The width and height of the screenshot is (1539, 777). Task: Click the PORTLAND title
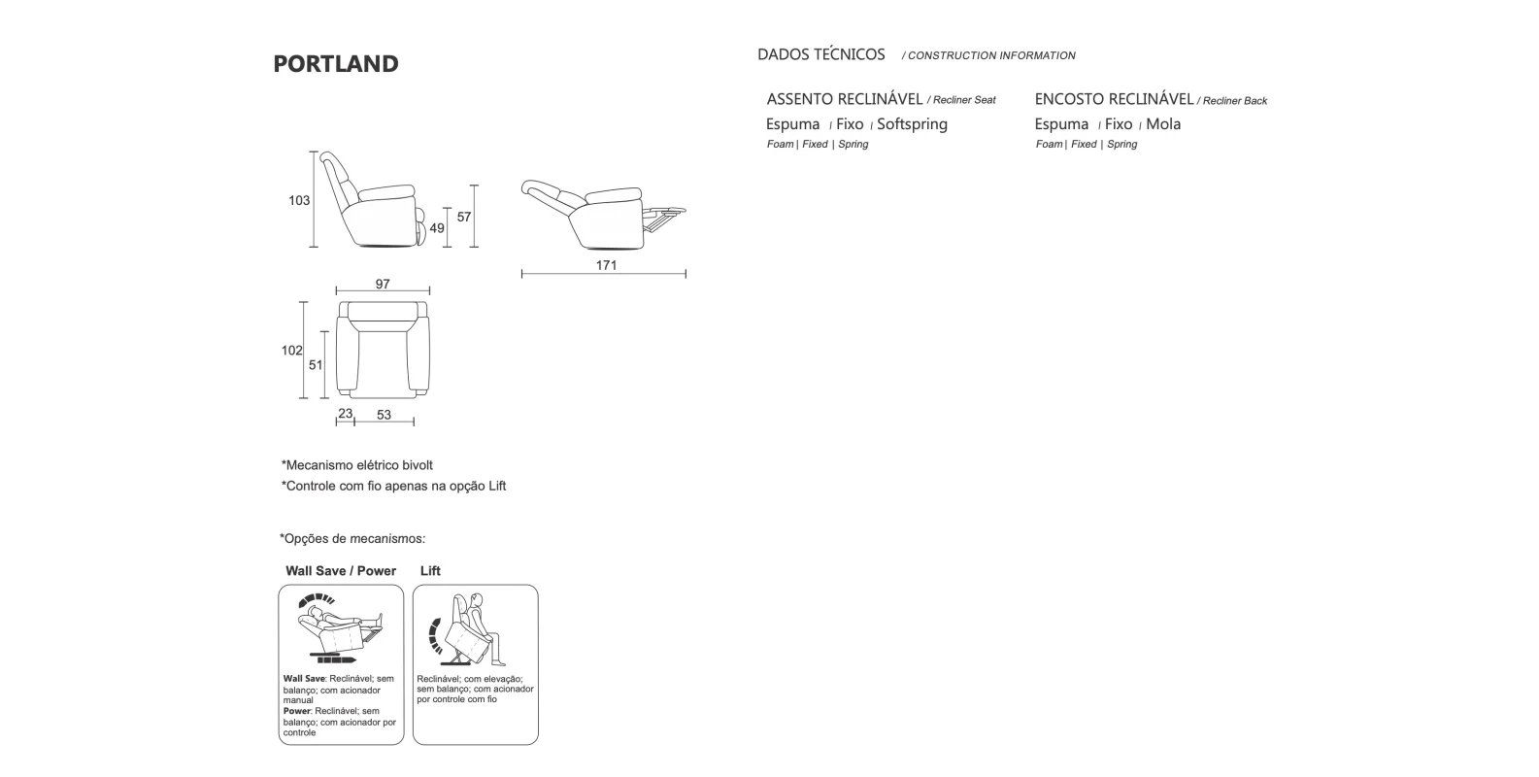tap(336, 64)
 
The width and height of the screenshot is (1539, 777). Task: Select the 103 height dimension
tap(299, 201)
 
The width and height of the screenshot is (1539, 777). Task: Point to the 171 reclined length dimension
tap(606, 265)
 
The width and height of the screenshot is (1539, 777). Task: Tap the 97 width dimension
tap(383, 285)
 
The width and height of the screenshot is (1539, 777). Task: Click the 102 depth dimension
tap(291, 351)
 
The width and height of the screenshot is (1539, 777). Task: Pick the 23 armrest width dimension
tap(345, 414)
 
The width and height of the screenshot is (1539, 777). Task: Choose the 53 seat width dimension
tap(384, 415)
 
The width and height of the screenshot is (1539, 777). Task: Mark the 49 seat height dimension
tap(437, 228)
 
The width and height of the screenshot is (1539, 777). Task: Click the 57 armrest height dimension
tap(464, 217)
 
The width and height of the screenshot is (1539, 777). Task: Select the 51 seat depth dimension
tap(316, 365)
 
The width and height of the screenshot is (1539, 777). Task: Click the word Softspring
tap(912, 124)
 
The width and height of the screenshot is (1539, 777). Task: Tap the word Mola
tap(1163, 124)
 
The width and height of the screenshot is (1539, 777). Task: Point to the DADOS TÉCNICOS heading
tap(821, 54)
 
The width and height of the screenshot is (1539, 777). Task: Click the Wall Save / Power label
tap(341, 571)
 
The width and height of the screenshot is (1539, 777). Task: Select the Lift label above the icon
tap(430, 571)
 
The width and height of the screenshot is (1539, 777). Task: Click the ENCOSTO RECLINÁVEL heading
tap(1114, 99)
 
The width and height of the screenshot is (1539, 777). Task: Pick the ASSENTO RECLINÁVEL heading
tap(845, 99)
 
